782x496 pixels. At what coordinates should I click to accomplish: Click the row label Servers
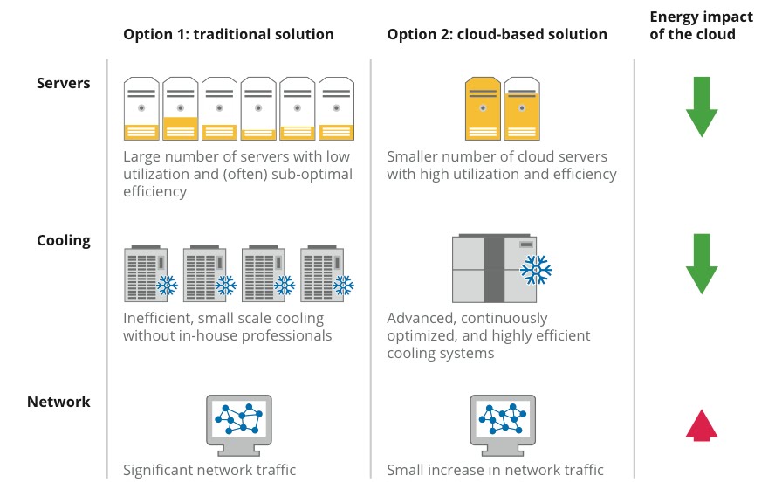point(63,83)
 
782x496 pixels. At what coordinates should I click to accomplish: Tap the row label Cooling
point(63,240)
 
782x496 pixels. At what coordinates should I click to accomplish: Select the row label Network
point(58,402)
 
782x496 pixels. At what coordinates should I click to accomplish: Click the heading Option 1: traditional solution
point(229,35)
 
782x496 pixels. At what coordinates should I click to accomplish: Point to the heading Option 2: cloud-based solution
point(497,35)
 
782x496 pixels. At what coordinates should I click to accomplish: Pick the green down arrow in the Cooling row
point(702,263)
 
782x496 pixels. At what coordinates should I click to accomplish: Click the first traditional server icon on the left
point(141,108)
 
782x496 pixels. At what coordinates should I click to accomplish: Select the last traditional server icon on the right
point(336,108)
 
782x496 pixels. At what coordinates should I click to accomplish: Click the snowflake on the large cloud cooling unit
point(535,270)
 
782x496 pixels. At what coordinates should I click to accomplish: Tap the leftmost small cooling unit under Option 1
point(144,275)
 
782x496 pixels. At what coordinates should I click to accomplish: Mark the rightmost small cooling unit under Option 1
point(321,275)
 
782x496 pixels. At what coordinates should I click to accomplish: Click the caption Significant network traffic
point(209,470)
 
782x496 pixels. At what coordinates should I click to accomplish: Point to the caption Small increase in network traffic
point(495,470)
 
